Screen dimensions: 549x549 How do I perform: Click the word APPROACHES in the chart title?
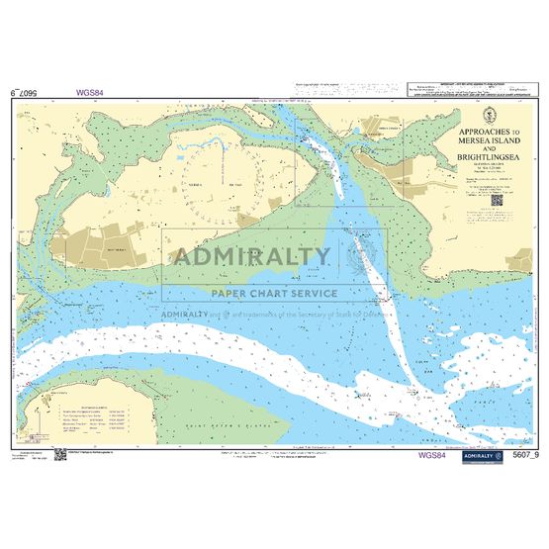(x=477, y=132)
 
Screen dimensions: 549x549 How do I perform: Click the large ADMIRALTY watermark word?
(x=252, y=257)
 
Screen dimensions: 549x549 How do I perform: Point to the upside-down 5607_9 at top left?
(x=30, y=94)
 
